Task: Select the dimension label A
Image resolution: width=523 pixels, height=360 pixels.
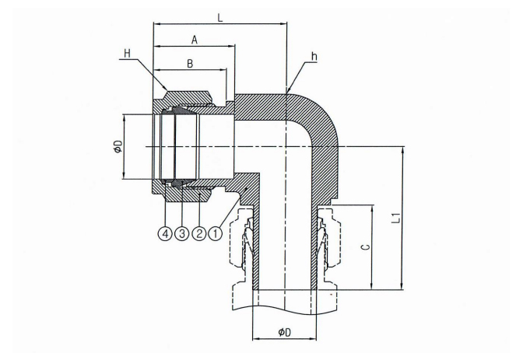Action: point(193,38)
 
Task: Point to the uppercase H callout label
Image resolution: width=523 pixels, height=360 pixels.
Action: point(128,53)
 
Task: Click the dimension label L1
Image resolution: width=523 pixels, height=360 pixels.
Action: point(395,218)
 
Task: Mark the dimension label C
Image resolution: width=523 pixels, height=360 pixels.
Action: point(367,246)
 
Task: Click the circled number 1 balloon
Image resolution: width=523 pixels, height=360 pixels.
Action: point(216,232)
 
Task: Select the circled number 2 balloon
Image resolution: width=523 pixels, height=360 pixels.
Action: point(198,232)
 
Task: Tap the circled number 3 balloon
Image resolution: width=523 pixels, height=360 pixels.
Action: point(182,232)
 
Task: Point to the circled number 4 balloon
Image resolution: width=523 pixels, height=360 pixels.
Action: point(165,232)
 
